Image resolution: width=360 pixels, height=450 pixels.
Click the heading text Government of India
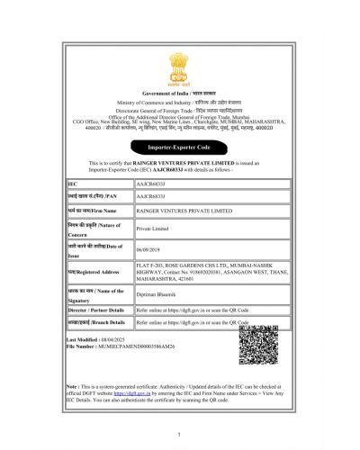point(180,94)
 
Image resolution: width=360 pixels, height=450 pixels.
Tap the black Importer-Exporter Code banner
point(180,144)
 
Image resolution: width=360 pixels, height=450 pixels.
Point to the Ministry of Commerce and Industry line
point(180,103)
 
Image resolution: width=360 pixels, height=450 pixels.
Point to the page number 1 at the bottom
point(180,435)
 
